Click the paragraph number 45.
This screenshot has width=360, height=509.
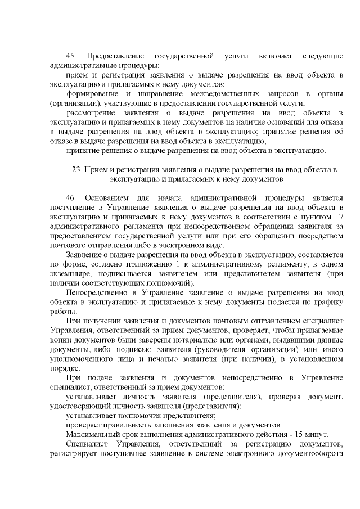coord(71,57)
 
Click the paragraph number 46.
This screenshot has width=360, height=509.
coord(71,199)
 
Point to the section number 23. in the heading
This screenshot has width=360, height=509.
coord(78,169)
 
